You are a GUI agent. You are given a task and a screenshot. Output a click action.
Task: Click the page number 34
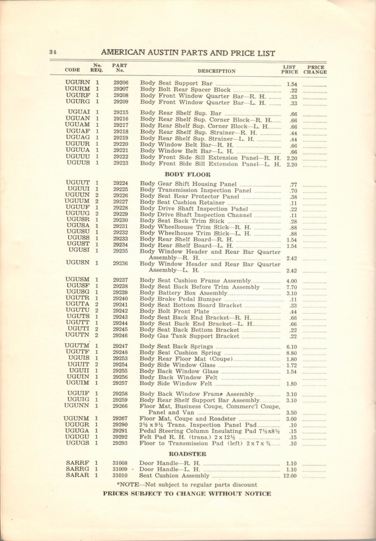point(52,52)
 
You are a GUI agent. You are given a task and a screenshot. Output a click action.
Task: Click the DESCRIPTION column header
point(216,71)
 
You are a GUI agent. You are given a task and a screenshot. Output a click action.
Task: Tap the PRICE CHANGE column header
point(315,69)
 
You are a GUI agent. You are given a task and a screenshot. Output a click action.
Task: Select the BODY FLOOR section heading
point(187,174)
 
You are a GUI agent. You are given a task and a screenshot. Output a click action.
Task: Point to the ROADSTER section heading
point(187,454)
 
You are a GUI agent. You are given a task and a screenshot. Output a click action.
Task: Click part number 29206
point(121,83)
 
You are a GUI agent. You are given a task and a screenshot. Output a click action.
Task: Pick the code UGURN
point(78,83)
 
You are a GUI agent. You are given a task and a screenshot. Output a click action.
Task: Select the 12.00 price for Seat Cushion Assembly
point(290,476)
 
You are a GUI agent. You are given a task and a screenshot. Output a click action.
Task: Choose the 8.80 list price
point(291,353)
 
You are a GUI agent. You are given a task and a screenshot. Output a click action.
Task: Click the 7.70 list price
point(291,287)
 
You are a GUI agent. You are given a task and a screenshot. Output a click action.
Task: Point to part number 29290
point(121,425)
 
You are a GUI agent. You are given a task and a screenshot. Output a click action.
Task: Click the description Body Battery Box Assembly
point(183,293)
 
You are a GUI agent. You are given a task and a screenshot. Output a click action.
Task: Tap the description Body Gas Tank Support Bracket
point(190,336)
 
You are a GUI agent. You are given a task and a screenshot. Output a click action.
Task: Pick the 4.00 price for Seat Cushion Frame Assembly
point(291,280)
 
